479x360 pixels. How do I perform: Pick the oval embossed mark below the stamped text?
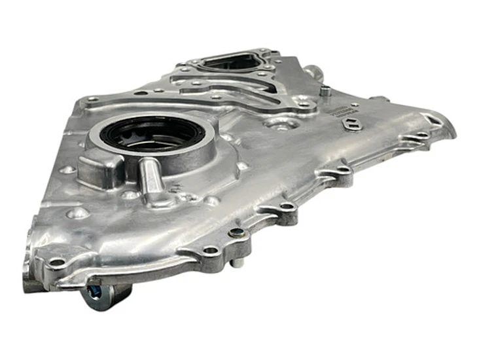pos(354,126)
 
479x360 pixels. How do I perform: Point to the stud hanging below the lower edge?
pos(234,262)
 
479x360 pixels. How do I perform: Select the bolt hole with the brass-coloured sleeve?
pos(237,232)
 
